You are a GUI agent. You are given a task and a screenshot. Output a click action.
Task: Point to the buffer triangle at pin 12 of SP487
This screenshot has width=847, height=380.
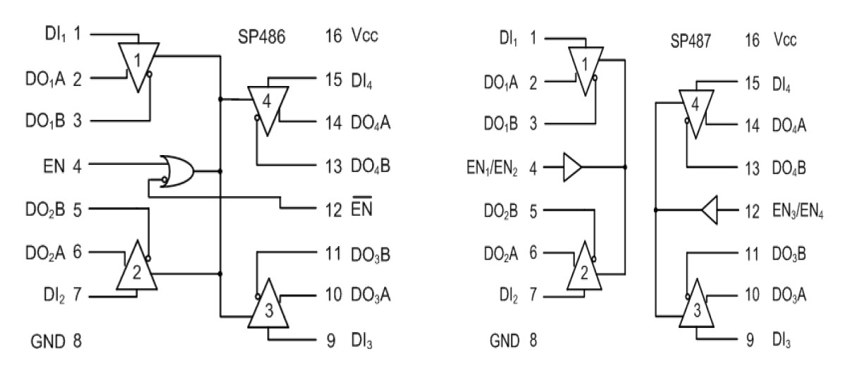[710, 209]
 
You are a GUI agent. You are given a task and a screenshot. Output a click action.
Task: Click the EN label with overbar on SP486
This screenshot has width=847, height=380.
[364, 209]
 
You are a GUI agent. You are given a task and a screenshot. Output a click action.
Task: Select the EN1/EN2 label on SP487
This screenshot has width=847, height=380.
[494, 168]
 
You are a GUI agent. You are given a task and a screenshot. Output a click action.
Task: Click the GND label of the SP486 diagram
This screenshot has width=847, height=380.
[47, 342]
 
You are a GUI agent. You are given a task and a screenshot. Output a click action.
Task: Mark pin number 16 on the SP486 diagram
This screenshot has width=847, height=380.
[334, 37]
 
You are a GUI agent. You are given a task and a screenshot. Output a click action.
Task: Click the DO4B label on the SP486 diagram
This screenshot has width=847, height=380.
[371, 167]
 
